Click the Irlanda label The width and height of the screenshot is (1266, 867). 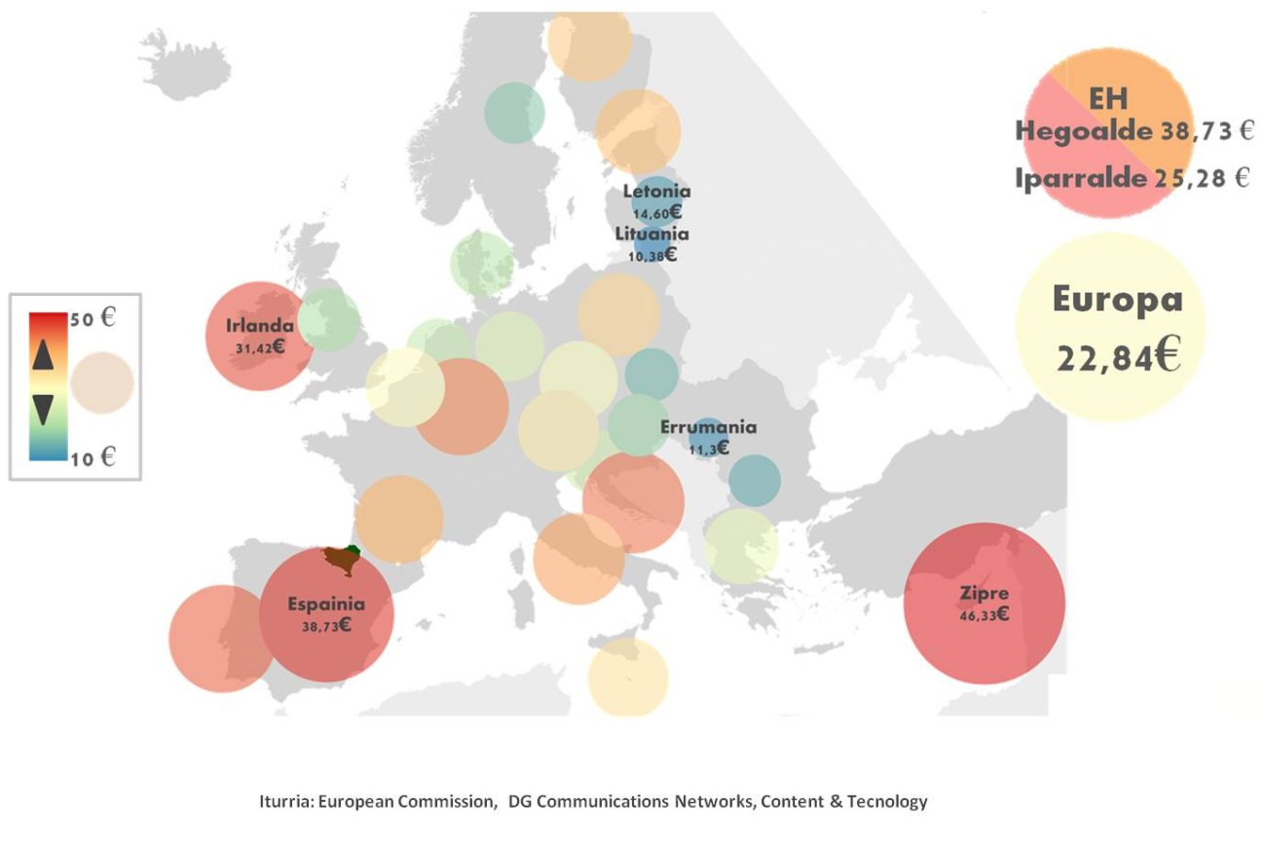(259, 326)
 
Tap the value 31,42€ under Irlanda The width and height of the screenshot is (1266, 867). (259, 346)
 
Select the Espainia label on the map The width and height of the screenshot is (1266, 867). (326, 604)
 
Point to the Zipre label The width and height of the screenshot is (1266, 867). (984, 593)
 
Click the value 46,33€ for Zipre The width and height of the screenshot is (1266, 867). (984, 614)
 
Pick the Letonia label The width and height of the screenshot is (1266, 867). (656, 192)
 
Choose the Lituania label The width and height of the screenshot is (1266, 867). (652, 234)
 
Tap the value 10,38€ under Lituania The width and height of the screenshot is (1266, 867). (653, 255)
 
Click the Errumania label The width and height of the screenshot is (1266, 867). (708, 427)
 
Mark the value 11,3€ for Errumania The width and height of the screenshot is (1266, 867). (708, 448)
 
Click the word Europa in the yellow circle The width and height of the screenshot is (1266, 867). (1117, 299)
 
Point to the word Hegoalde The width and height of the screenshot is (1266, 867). (1085, 131)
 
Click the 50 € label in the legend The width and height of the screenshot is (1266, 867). (93, 319)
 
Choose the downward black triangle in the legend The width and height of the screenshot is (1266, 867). (42, 410)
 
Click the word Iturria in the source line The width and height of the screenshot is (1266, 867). (284, 803)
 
